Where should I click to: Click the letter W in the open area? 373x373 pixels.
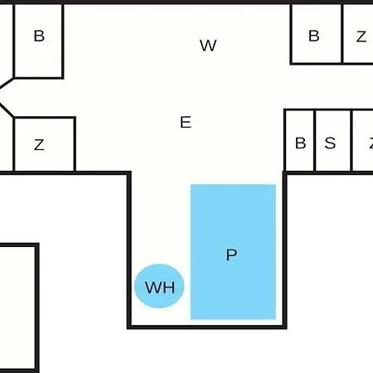tap(208, 46)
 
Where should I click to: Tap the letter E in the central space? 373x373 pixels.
tap(186, 122)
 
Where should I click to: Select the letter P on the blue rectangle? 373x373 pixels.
tap(231, 254)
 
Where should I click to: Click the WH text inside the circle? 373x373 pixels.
tap(160, 288)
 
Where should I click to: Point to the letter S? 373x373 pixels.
tap(330, 143)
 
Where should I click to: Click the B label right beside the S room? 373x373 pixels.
tap(300, 143)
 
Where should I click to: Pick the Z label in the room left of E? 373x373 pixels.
tap(39, 144)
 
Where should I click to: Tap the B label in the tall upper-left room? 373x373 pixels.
tap(39, 36)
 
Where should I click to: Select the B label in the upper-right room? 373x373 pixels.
tap(314, 36)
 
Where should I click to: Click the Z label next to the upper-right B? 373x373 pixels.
tap(361, 36)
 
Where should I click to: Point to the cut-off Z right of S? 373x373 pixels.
tap(371, 143)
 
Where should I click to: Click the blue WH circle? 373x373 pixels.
tap(159, 286)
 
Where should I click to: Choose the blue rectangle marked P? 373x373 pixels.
tap(233, 252)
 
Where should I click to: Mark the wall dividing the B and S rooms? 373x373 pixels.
tap(315, 140)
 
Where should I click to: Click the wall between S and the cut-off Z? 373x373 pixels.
tap(351, 140)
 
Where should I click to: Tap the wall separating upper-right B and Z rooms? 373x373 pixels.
tap(342, 33)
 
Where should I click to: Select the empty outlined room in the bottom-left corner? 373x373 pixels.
tap(18, 308)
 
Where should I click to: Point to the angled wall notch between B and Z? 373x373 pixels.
tap(6, 97)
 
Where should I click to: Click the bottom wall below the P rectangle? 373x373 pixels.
tap(207, 327)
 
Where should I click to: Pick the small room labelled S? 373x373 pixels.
tap(333, 141)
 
